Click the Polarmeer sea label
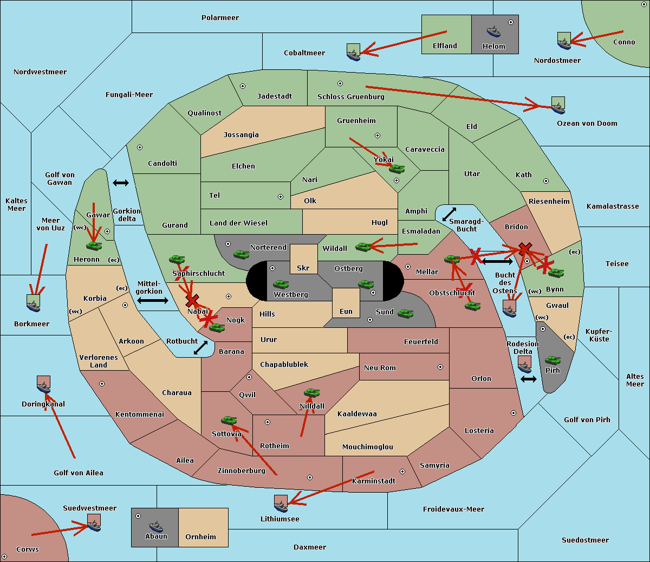click(220, 18)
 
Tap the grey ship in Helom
click(493, 31)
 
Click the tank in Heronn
click(94, 246)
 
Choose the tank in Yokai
click(396, 169)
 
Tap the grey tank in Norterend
click(241, 254)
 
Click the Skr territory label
click(303, 268)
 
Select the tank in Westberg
click(281, 284)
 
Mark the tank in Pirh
click(552, 360)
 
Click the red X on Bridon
click(524, 249)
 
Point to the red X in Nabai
click(192, 300)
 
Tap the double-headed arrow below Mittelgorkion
click(152, 300)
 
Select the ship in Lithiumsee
click(281, 505)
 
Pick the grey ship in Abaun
click(155, 526)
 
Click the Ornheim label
click(200, 537)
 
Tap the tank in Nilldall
click(311, 393)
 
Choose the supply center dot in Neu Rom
click(440, 367)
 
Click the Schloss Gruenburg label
click(350, 96)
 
